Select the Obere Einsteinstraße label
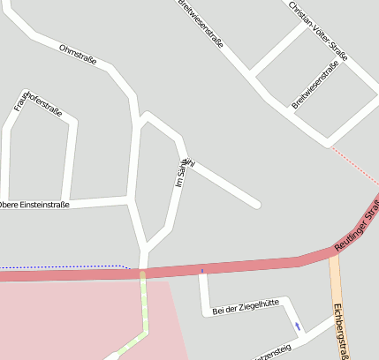(34, 204)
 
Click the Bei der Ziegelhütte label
(246, 306)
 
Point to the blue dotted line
(62, 265)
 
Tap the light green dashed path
(143, 309)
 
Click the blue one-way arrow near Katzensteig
(298, 326)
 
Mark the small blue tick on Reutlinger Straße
(202, 270)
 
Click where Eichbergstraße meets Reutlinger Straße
(334, 251)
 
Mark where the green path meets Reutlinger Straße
(141, 273)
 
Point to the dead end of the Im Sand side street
(257, 205)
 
